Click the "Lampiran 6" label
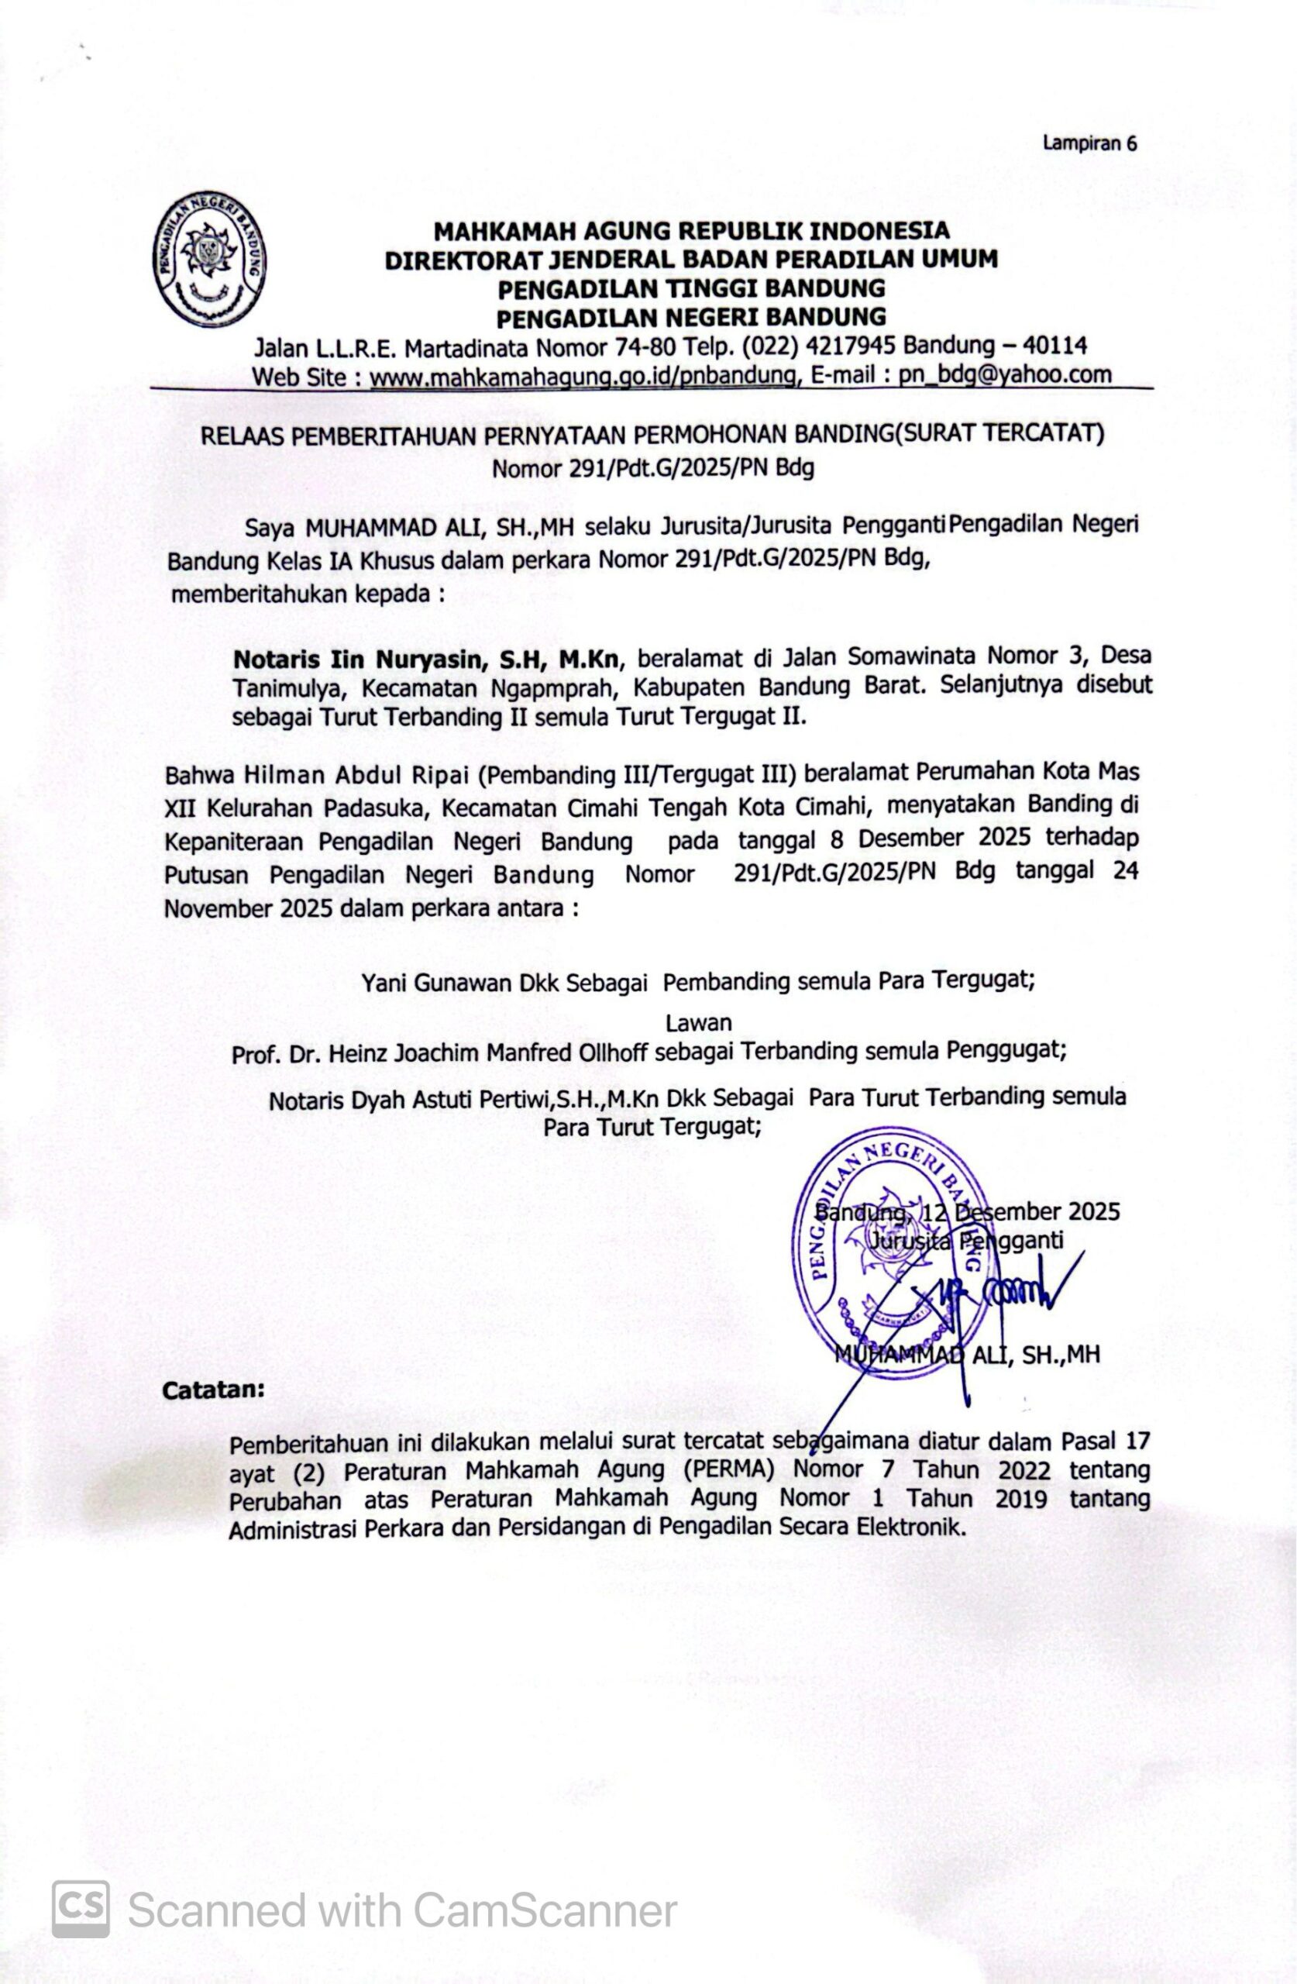[1089, 143]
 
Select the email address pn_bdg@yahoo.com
[1004, 374]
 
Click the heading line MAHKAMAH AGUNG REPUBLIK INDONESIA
[691, 229]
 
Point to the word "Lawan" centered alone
[699, 1022]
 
